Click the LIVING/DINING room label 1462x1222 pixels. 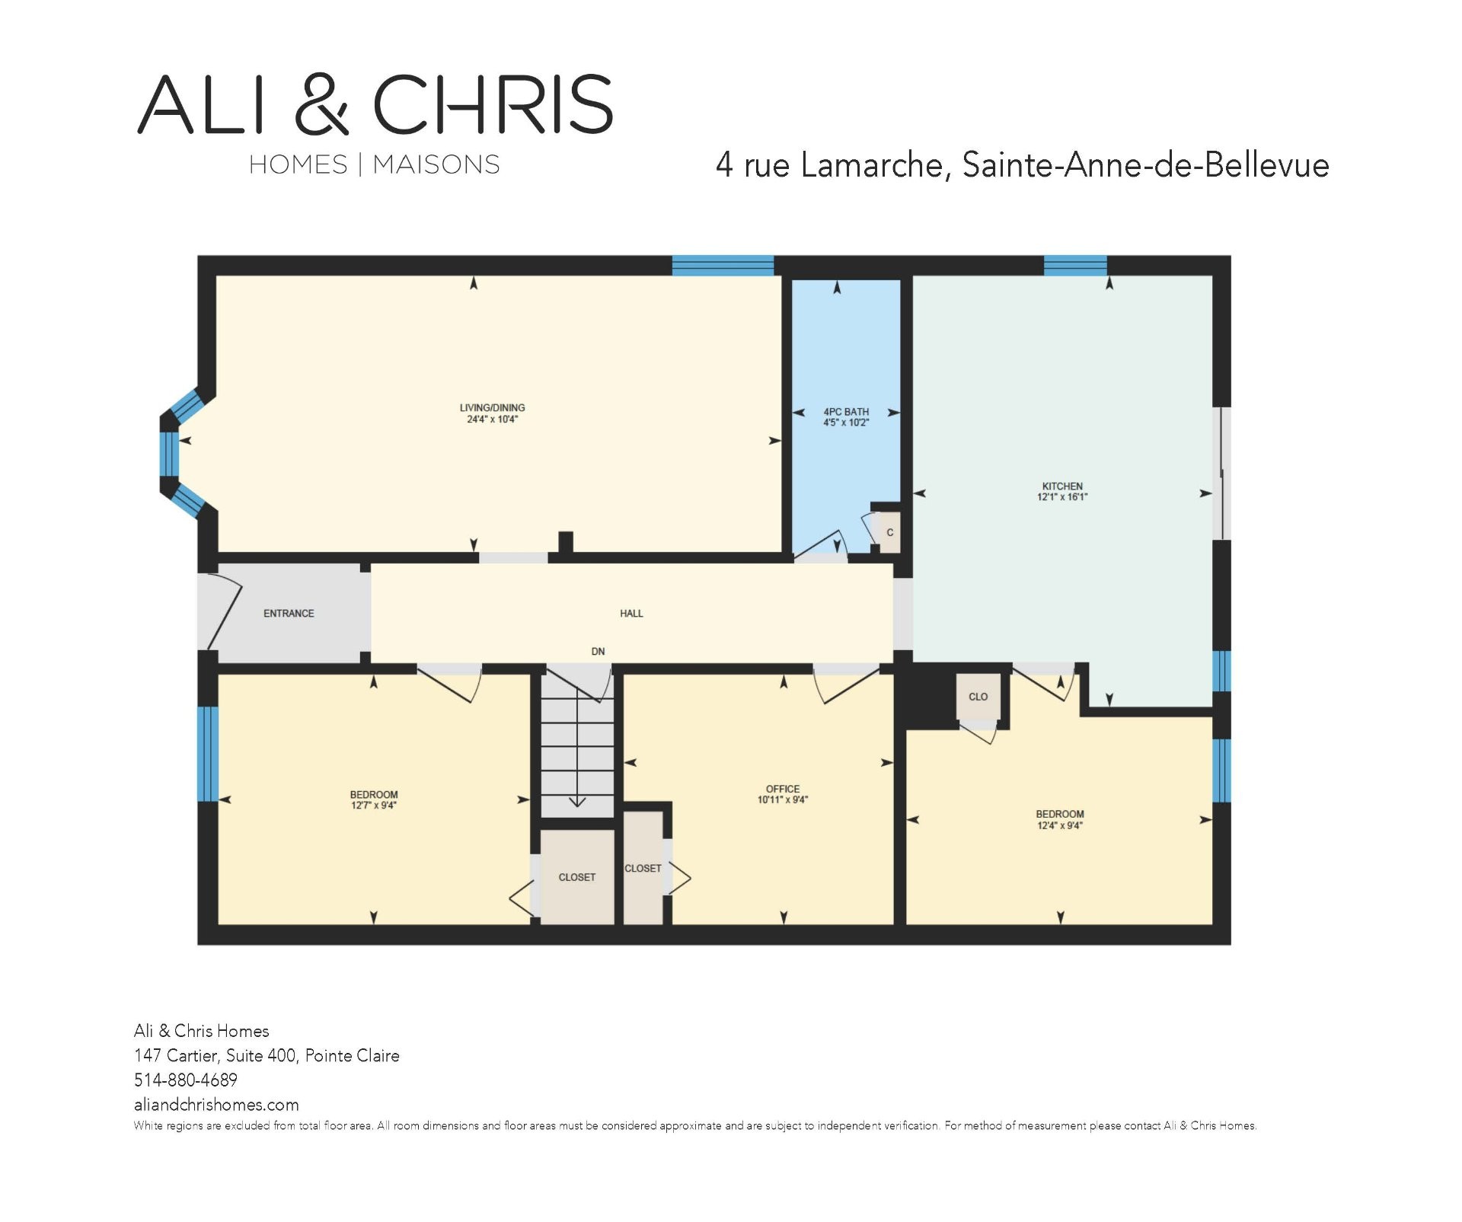pos(492,408)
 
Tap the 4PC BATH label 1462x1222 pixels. pos(846,412)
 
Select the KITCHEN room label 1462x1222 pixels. pos(1062,487)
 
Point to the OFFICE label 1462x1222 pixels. pos(783,789)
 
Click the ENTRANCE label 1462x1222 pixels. pos(289,613)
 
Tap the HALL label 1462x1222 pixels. pos(631,613)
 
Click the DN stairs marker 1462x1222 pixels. pos(599,652)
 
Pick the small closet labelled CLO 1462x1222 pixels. pos(978,697)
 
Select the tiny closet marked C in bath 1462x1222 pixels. pos(889,532)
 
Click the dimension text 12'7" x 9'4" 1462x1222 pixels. pos(373,806)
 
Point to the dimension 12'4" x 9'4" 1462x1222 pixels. pos(1059,825)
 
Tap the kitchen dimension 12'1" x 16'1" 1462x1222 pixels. pos(1062,497)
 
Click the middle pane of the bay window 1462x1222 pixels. pos(169,455)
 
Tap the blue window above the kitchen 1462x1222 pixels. pos(1075,265)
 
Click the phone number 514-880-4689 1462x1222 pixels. pos(186,1080)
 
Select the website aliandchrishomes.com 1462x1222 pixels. pos(216,1105)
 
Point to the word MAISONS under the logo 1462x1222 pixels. pos(436,164)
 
